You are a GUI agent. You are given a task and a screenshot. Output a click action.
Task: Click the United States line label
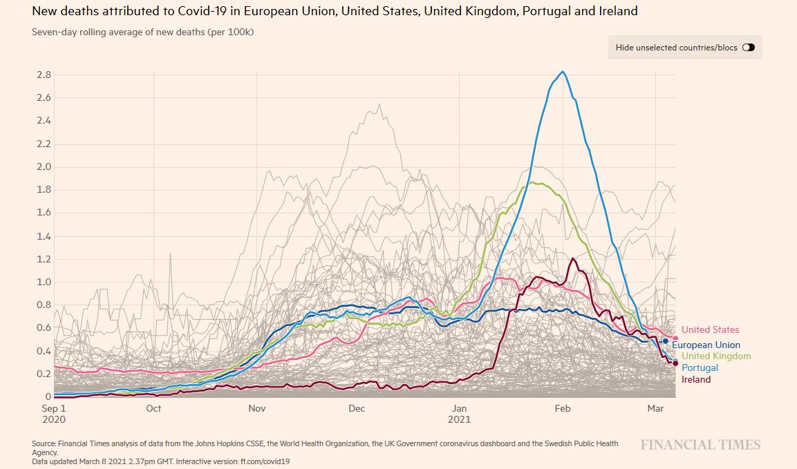[710, 330]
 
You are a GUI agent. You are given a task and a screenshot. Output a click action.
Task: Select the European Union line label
[706, 345]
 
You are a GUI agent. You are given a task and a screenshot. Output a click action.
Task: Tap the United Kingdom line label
[715, 356]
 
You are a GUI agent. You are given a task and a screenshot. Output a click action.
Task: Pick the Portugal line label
[700, 368]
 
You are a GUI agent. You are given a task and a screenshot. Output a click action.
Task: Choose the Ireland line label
[696, 380]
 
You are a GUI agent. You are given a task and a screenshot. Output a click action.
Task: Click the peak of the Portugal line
[563, 71]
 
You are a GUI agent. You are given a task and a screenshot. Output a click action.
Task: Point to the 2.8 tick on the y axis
[44, 75]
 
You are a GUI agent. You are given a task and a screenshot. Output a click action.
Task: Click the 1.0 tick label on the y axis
[44, 282]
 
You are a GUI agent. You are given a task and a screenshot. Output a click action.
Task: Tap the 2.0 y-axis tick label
[44, 166]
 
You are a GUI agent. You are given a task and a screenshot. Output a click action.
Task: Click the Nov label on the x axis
[257, 409]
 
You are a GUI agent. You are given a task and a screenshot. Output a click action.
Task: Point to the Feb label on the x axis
[562, 409]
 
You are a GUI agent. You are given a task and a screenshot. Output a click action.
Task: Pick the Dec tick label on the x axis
[357, 409]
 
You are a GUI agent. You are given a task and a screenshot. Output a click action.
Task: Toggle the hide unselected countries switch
[748, 48]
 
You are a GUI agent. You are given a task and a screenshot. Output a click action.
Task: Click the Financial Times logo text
[700, 445]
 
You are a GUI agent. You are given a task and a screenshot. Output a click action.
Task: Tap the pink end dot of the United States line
[675, 338]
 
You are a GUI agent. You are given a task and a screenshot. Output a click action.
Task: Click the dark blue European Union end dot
[666, 341]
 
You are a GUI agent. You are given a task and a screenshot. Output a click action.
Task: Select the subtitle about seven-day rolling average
[143, 32]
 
